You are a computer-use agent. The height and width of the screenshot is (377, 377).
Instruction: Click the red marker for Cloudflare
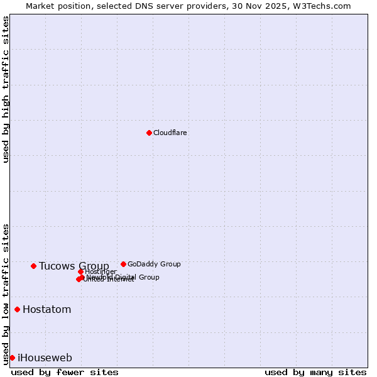click(x=149, y=133)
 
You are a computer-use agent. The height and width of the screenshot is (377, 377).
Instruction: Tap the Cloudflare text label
click(x=170, y=133)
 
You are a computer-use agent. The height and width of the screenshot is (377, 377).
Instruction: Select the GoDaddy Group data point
click(x=123, y=264)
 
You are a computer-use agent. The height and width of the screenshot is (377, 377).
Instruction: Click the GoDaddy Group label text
click(x=154, y=264)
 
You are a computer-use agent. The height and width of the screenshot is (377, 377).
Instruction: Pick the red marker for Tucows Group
click(x=33, y=266)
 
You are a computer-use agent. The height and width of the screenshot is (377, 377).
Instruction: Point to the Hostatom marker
click(x=17, y=309)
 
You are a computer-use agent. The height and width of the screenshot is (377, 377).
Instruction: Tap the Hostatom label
click(x=46, y=309)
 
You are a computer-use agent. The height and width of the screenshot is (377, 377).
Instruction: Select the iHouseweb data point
click(x=12, y=358)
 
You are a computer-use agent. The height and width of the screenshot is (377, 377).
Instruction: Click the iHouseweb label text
click(x=45, y=358)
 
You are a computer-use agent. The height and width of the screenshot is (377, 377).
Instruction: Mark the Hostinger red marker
click(x=80, y=271)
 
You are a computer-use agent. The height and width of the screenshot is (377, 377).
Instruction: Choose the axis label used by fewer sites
click(x=65, y=372)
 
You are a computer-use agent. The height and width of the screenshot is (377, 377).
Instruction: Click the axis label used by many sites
click(x=315, y=372)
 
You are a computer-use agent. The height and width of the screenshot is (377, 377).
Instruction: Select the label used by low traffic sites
click(x=6, y=293)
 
